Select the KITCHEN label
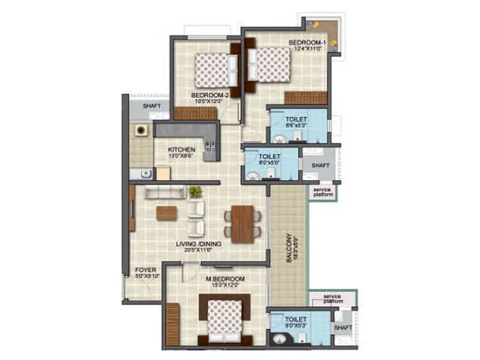[x=181, y=150]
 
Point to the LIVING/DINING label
[x=199, y=244]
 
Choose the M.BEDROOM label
[x=226, y=280]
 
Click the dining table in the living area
[x=242, y=224]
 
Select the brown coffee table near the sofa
[x=167, y=213]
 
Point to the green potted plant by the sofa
[x=195, y=191]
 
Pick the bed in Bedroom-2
[x=213, y=70]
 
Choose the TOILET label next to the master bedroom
[x=296, y=319]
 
